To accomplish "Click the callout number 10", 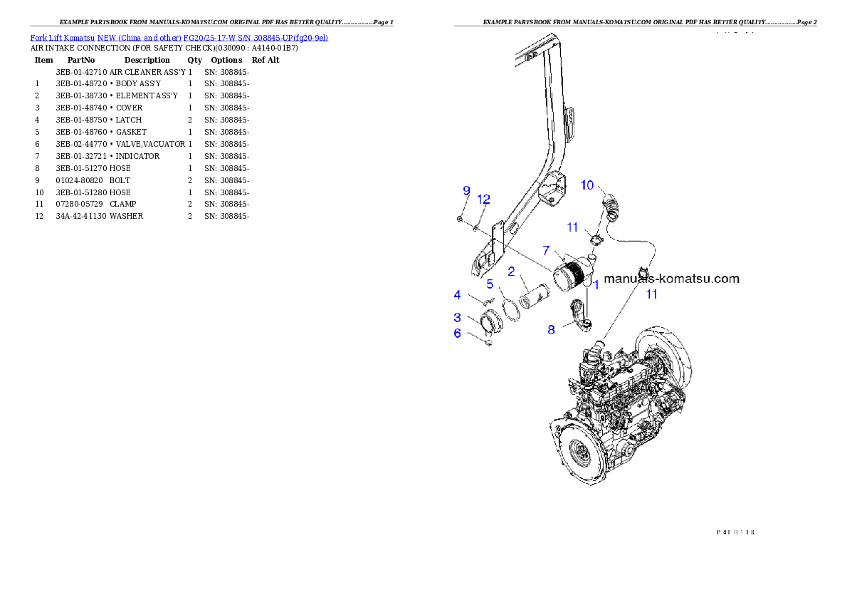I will (x=587, y=185).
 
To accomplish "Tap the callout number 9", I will (x=467, y=190).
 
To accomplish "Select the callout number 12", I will (x=484, y=199).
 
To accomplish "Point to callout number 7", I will (x=546, y=251).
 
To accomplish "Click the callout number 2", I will (x=511, y=271).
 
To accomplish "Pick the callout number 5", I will (x=490, y=284).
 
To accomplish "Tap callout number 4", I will (x=458, y=294).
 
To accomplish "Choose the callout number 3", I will (x=458, y=317).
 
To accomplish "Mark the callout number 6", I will (x=458, y=333).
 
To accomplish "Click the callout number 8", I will (x=551, y=329).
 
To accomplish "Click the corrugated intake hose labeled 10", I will (x=612, y=207).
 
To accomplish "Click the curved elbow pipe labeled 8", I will (x=580, y=317).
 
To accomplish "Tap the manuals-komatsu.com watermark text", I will (x=670, y=279).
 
